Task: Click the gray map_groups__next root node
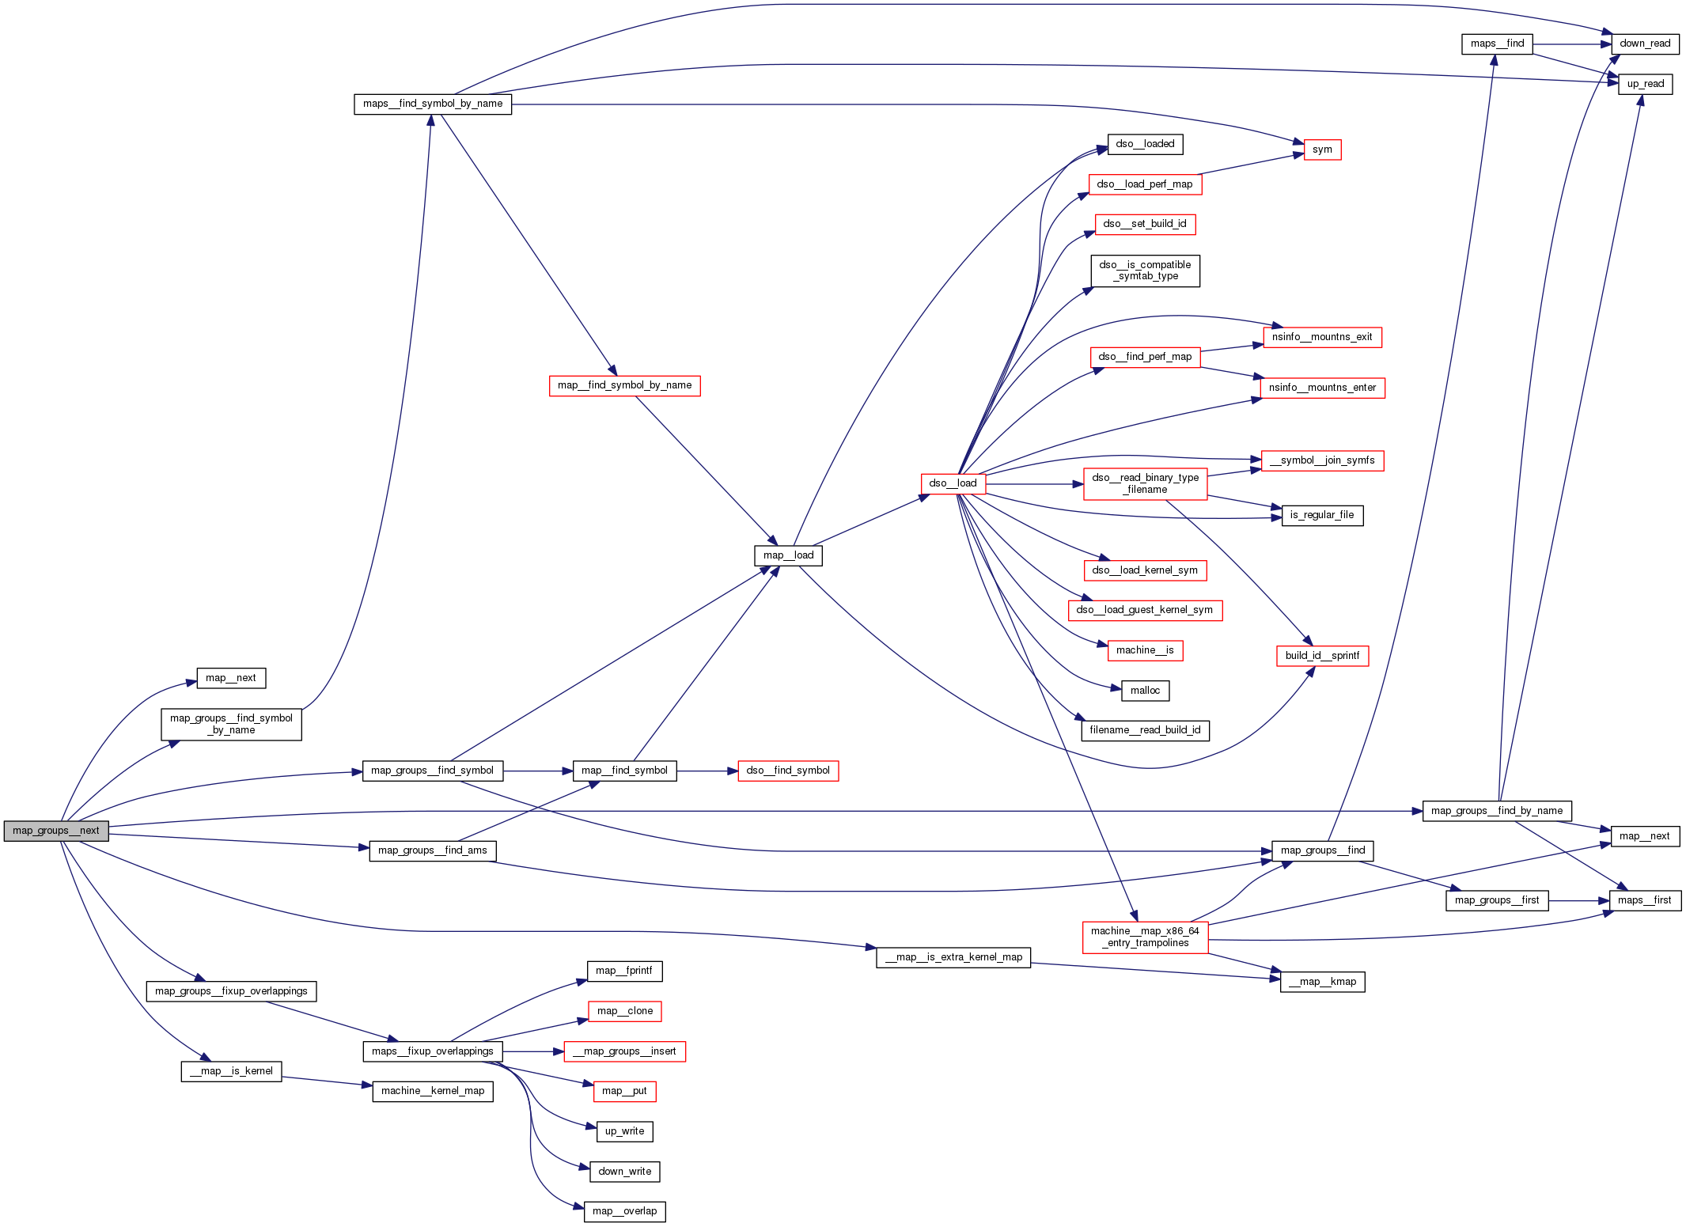click(x=56, y=831)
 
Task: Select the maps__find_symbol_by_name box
click(x=433, y=104)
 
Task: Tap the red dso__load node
click(x=953, y=483)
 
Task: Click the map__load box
click(x=788, y=555)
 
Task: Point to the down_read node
click(x=1645, y=44)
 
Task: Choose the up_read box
click(x=1645, y=84)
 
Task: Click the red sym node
click(x=1322, y=150)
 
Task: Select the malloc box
click(x=1145, y=691)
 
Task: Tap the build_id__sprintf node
click(x=1322, y=656)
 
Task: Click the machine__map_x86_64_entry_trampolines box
click(x=1145, y=937)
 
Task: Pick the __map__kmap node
click(x=1322, y=982)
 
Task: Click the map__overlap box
click(x=624, y=1211)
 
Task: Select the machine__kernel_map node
click(x=433, y=1091)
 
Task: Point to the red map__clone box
click(x=624, y=1011)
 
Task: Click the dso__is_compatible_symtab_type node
click(x=1145, y=271)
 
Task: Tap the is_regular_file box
click(x=1322, y=515)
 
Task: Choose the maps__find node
click(x=1497, y=44)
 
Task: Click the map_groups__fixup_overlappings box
click(x=231, y=991)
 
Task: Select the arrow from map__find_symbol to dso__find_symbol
click(x=707, y=771)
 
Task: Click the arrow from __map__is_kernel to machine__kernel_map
click(x=327, y=1081)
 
